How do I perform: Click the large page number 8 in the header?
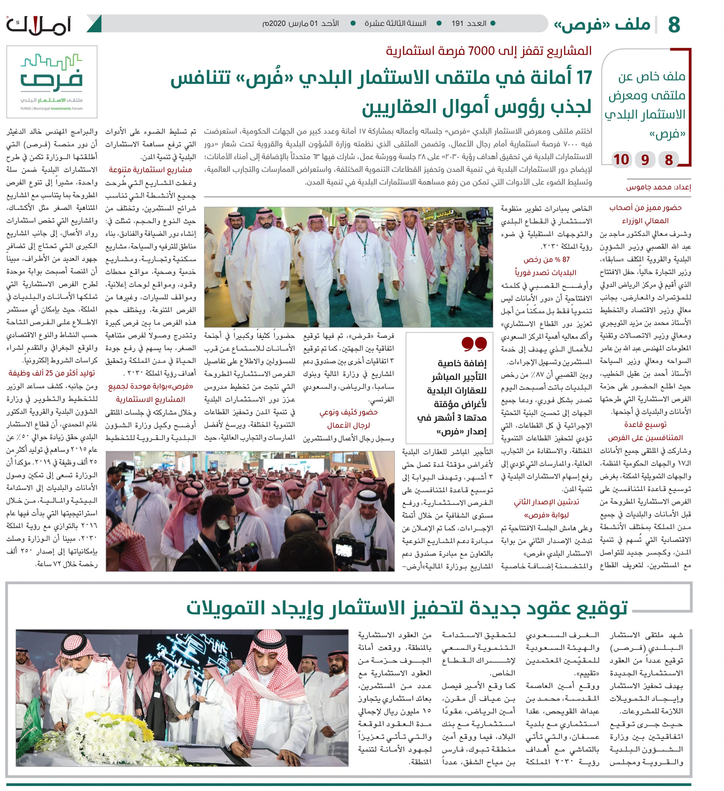click(x=674, y=24)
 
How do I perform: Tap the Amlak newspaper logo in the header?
click(x=38, y=25)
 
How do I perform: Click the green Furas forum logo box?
click(x=52, y=82)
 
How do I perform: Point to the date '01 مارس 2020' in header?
click(x=300, y=23)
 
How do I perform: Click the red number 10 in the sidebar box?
click(x=621, y=160)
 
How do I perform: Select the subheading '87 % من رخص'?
click(x=546, y=259)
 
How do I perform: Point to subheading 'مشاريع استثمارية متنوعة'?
click(x=150, y=170)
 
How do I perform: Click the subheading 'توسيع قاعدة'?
click(x=645, y=425)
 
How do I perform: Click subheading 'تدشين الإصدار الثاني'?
click(x=546, y=502)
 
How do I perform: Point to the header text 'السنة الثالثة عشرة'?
click(x=395, y=23)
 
